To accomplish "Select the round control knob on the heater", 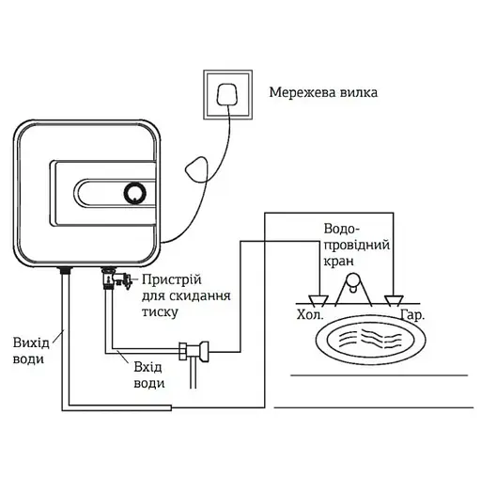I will click(x=134, y=193).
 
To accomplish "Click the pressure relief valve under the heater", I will click(x=114, y=279).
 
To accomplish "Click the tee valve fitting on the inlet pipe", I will click(x=198, y=352).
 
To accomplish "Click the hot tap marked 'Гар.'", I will click(x=391, y=300).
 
